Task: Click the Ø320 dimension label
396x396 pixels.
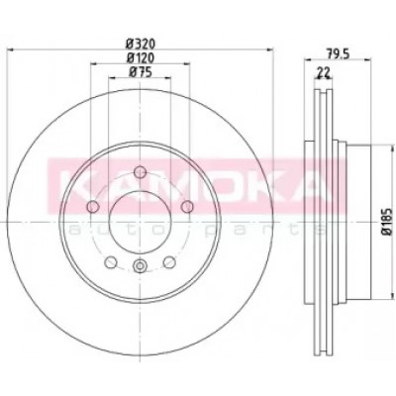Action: (141, 44)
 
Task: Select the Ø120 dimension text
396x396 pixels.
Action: (141, 58)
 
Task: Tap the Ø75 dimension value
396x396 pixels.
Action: (141, 72)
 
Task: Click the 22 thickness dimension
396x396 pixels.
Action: (324, 72)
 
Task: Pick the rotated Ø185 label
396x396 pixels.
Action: (387, 222)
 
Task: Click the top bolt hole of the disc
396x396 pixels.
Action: (141, 172)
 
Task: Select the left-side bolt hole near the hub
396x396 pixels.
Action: (93, 207)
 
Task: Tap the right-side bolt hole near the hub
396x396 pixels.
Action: (187, 207)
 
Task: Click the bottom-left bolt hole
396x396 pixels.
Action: (111, 262)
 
